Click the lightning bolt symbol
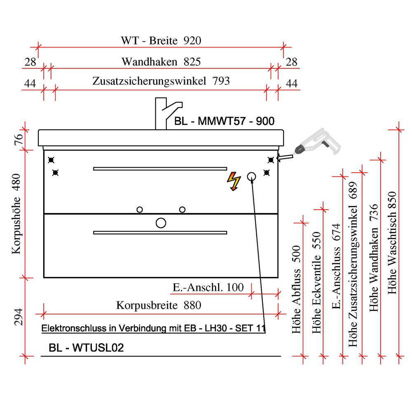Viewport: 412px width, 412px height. (x=234, y=182)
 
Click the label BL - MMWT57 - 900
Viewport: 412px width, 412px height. (x=224, y=122)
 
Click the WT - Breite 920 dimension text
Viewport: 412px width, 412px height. (x=161, y=41)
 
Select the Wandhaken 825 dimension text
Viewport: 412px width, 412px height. (x=161, y=62)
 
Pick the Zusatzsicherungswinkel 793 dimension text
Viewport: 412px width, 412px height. (x=161, y=81)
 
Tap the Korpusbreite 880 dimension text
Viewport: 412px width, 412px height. (x=159, y=305)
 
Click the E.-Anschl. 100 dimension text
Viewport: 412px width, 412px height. (x=208, y=287)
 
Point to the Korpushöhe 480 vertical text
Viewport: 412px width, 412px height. (x=16, y=218)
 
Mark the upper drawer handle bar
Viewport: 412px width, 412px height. (x=160, y=169)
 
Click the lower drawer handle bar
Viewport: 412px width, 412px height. (x=160, y=233)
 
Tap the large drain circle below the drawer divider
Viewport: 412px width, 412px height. (x=161, y=223)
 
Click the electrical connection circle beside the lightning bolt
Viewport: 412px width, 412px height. (x=251, y=176)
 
